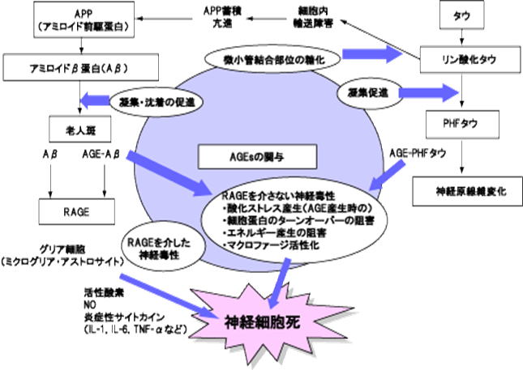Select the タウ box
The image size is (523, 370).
click(x=461, y=15)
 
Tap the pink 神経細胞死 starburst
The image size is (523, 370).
click(x=268, y=318)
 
